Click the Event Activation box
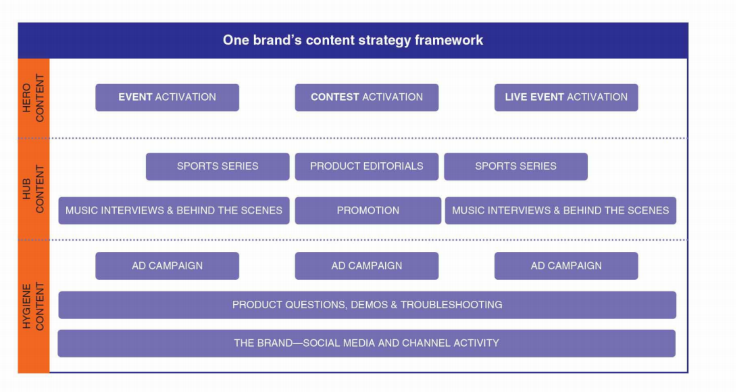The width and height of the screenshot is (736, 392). (167, 97)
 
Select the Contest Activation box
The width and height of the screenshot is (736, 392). (367, 97)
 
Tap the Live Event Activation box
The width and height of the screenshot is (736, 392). (566, 97)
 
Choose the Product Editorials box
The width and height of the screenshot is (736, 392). (367, 167)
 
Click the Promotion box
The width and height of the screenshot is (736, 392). (368, 211)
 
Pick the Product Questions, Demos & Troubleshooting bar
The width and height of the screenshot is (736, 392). (367, 305)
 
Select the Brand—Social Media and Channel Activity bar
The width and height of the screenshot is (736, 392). (367, 343)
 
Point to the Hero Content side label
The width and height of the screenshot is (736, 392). (33, 98)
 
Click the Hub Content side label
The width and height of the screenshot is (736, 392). (33, 189)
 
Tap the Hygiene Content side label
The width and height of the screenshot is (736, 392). (33, 306)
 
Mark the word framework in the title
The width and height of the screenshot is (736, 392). (449, 40)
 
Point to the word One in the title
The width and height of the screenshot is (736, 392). (235, 40)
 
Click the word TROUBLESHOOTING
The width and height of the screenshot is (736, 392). (451, 305)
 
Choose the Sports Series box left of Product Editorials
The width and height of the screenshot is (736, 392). (217, 167)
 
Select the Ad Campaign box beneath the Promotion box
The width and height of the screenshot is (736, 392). (367, 266)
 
